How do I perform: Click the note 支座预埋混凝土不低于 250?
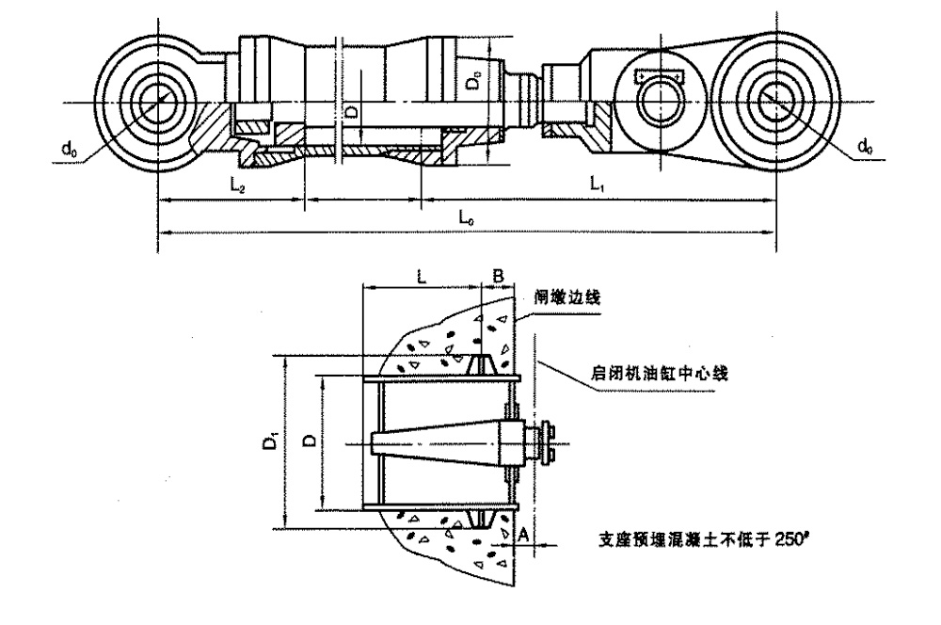[699, 539]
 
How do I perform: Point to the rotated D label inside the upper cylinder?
[350, 113]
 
